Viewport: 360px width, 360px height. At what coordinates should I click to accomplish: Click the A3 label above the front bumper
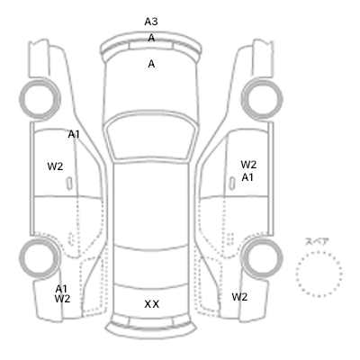click(x=151, y=22)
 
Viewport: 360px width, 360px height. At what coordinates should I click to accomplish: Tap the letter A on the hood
click(x=151, y=64)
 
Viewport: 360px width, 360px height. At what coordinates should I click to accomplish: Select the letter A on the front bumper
click(x=151, y=38)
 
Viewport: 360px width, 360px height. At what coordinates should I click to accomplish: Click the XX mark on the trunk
click(x=152, y=304)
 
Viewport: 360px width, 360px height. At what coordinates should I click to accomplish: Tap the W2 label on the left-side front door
click(x=55, y=166)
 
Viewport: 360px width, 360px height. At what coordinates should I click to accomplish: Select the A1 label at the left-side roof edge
click(x=74, y=135)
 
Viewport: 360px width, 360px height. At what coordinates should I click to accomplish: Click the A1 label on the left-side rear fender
click(x=61, y=289)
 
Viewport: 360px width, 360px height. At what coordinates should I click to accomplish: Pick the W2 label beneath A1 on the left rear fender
click(x=62, y=299)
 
